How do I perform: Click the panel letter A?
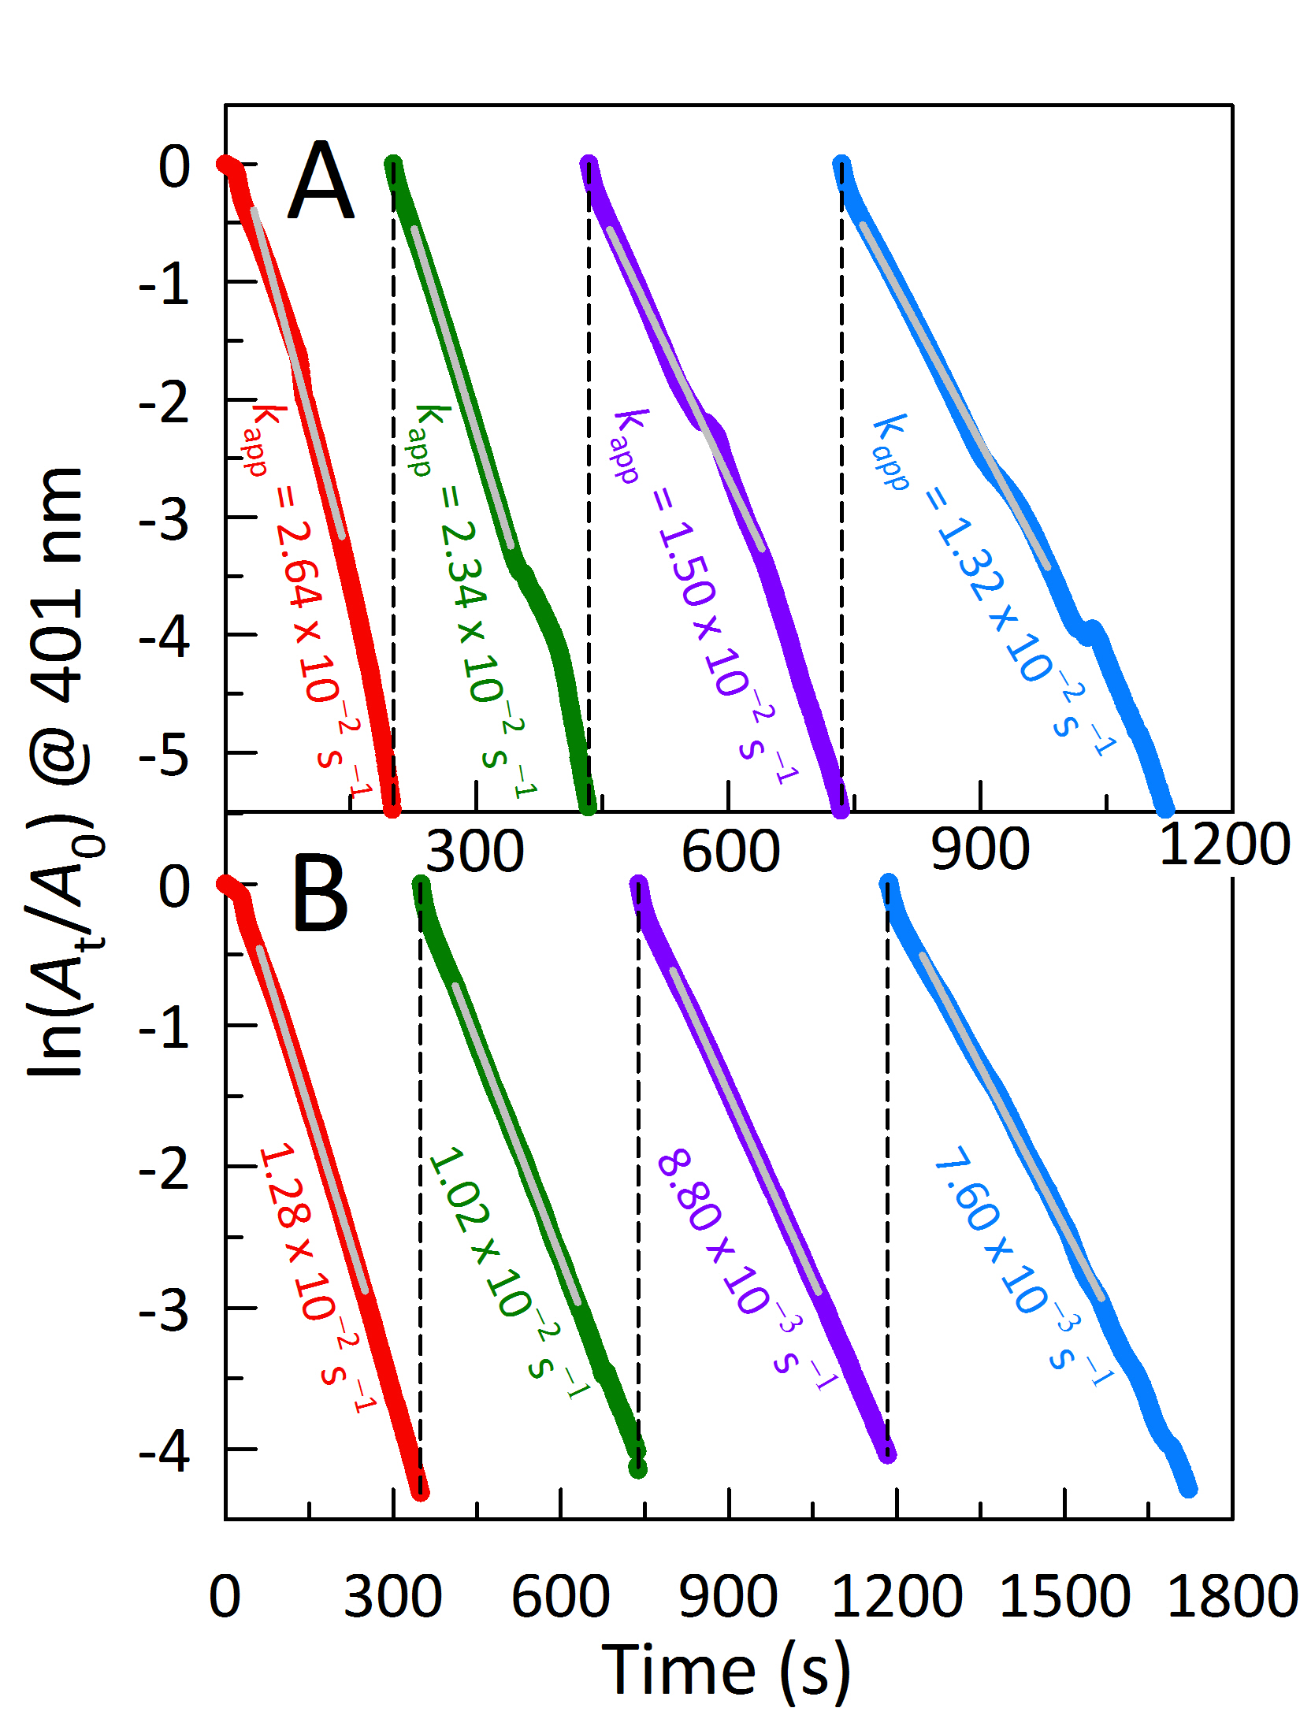(321, 182)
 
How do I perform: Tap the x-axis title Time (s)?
(726, 1670)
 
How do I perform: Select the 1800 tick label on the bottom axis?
(1232, 1597)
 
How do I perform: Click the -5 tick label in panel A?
(165, 755)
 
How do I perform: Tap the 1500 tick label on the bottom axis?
(1064, 1597)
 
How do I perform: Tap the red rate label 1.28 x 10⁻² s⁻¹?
(315, 1276)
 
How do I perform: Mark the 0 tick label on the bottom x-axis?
(225, 1597)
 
